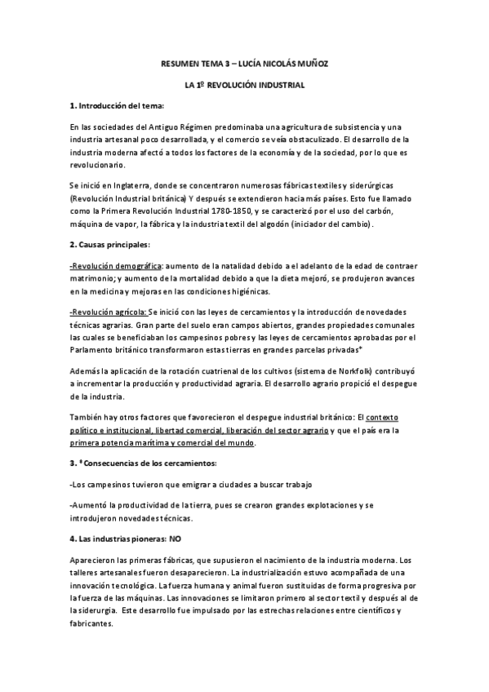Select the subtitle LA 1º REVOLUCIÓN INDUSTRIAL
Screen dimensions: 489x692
click(244, 84)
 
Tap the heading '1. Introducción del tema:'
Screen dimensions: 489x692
click(117, 106)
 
